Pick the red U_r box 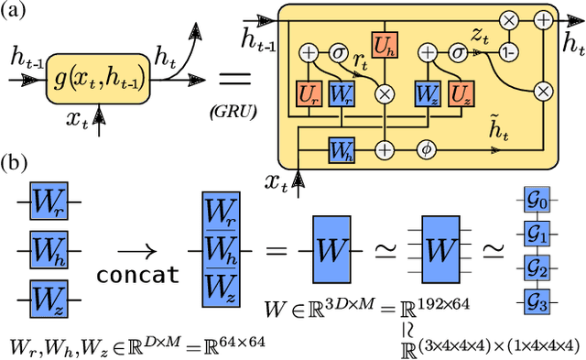(x=308, y=93)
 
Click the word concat (x=136, y=275)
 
